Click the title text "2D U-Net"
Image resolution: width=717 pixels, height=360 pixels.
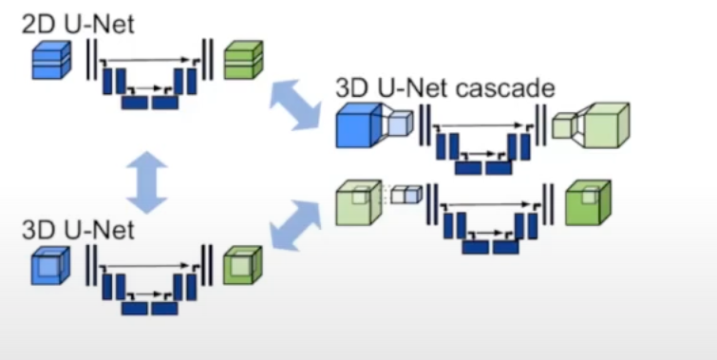(x=78, y=24)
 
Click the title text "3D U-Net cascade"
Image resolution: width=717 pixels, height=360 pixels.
(x=445, y=87)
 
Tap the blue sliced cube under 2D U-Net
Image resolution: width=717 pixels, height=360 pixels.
(x=51, y=60)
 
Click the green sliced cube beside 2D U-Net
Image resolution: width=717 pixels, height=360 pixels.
(x=243, y=60)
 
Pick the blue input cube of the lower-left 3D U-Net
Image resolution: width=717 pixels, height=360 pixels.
(x=50, y=266)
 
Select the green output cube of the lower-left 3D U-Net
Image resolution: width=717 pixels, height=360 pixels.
(x=243, y=266)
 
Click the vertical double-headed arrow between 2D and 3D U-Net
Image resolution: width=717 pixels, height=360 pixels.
(x=147, y=182)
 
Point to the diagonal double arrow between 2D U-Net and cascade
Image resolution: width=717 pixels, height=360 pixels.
(x=295, y=104)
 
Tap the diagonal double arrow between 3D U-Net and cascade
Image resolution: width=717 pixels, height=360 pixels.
(x=296, y=225)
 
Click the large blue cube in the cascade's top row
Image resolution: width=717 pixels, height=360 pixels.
(x=359, y=124)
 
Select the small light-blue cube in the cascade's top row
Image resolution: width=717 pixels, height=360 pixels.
(x=400, y=124)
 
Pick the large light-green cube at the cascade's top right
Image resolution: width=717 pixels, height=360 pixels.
(x=607, y=124)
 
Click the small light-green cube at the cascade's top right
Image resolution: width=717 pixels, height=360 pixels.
(x=563, y=125)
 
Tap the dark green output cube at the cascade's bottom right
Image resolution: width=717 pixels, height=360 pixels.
(x=588, y=202)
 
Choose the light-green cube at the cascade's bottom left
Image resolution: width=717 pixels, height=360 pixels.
(x=359, y=202)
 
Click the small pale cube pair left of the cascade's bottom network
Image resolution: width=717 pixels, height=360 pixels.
(x=406, y=194)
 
